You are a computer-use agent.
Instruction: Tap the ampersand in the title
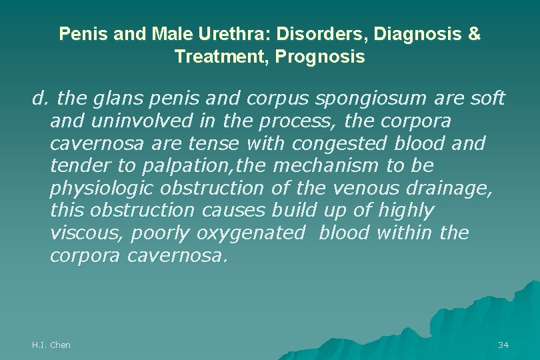coord(474,34)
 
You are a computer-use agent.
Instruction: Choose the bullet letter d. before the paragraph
coord(42,99)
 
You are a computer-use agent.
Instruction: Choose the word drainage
coord(451,189)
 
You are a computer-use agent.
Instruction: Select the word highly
coord(405,211)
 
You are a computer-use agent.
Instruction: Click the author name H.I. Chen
coord(51,345)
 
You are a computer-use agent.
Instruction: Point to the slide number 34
coord(503,345)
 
